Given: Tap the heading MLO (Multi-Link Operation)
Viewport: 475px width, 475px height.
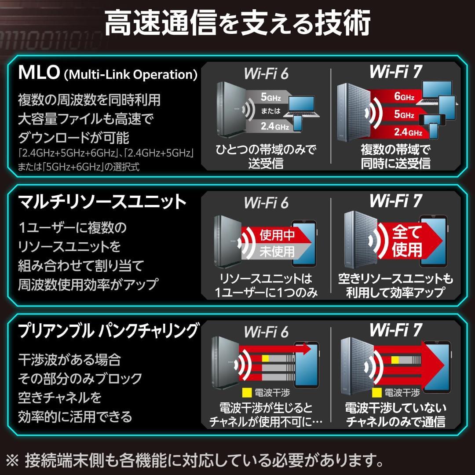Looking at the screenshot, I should click(x=107, y=74).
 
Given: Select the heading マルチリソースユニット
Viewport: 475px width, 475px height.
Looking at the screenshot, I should click(x=102, y=202).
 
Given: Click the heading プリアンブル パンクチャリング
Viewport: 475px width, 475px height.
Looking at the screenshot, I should click(x=108, y=331).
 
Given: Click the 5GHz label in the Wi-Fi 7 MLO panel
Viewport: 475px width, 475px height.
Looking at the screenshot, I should click(x=404, y=115).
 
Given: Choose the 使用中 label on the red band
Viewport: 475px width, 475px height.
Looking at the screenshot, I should click(x=277, y=235).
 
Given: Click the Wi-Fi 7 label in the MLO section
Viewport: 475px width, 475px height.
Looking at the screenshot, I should click(x=396, y=72).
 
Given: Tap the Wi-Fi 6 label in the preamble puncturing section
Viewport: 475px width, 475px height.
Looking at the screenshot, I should click(x=266, y=331).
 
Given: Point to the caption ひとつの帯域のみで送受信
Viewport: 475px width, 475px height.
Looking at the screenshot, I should click(x=266, y=157).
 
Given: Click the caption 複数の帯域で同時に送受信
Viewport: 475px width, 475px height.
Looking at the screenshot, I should click(x=395, y=157).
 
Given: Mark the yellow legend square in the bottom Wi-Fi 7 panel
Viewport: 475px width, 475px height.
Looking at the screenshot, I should click(x=376, y=391).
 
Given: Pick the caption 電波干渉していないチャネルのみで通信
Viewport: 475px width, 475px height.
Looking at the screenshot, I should click(x=395, y=414).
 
